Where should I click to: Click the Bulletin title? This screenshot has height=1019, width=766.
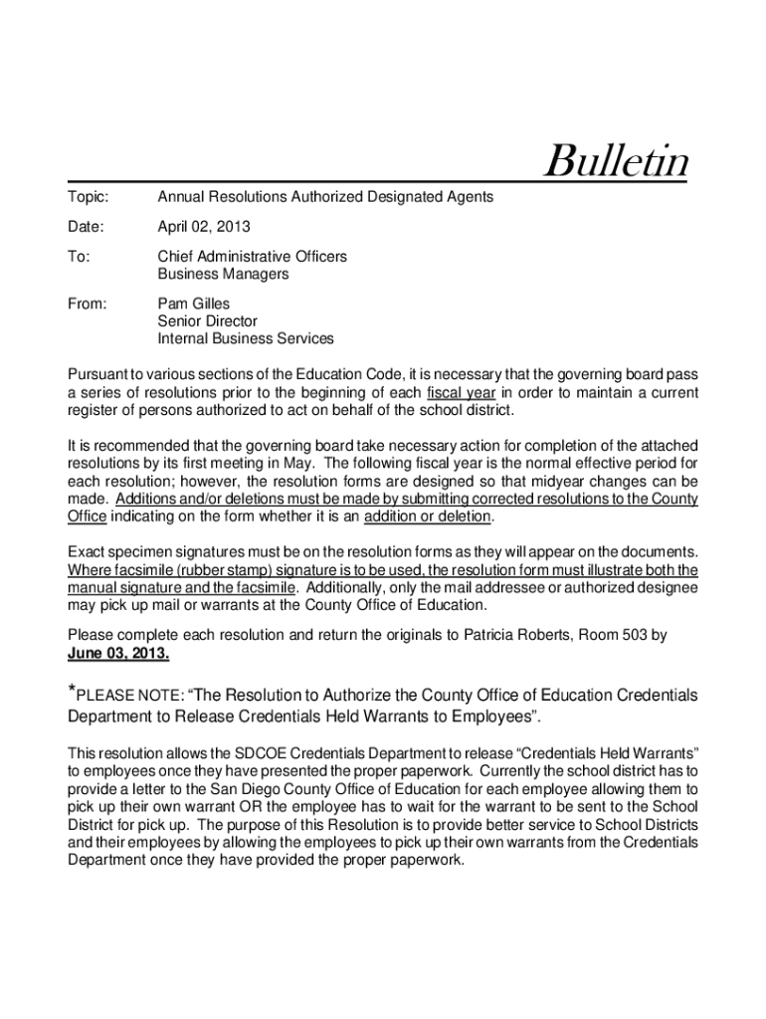coord(617,162)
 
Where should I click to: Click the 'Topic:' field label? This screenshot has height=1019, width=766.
coord(88,197)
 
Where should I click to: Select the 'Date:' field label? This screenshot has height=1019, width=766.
coord(86,227)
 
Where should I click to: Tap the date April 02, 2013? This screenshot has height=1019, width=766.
coord(204,227)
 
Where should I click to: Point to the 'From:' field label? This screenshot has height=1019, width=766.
coord(88,304)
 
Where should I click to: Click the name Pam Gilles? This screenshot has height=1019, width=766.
coord(194,304)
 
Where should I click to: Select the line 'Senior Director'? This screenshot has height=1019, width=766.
coord(207,321)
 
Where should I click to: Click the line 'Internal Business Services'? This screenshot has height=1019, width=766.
coord(246,339)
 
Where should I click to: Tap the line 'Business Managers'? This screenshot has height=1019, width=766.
coord(223,274)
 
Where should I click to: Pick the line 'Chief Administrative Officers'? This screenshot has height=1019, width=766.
coord(253,257)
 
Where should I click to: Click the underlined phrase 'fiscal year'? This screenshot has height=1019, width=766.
coord(461,392)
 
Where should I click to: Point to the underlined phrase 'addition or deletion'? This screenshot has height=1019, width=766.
coord(428,515)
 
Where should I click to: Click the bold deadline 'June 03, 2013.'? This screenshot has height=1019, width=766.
coord(118,654)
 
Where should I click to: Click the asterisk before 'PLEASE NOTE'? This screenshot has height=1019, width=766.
coord(71,690)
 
